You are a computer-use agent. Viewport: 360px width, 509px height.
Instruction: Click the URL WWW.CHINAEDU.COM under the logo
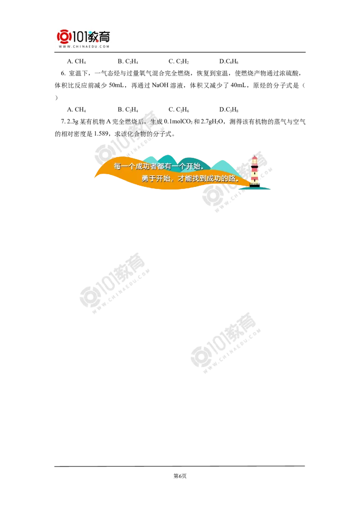(84, 46)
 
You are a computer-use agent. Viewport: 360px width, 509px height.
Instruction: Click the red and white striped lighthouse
(255, 171)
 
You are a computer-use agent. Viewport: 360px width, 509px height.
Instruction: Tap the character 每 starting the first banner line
(118, 166)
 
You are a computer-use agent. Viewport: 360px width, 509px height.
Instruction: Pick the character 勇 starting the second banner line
(145, 179)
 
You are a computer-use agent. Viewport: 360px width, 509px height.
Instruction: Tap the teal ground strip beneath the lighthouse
(261, 189)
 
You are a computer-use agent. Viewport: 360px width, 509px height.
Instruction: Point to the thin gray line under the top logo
(84, 53)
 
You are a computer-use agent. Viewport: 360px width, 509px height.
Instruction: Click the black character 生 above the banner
(153, 122)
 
